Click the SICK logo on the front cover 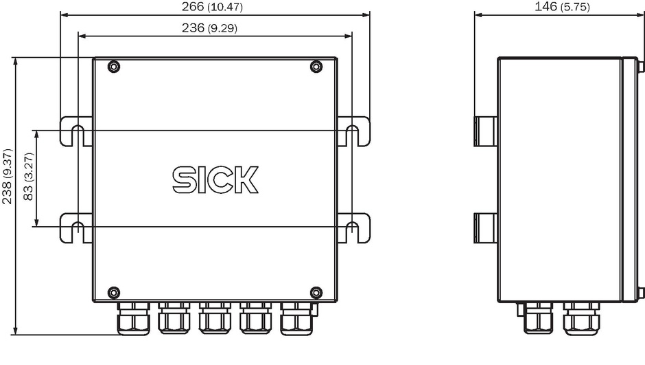tap(215, 179)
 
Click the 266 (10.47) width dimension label tap(212, 7)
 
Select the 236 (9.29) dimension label tap(209, 28)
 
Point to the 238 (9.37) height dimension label tap(7, 177)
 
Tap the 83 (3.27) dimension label tap(28, 177)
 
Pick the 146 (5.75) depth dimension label tap(562, 7)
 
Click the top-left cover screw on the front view tap(113, 66)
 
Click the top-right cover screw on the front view tap(316, 66)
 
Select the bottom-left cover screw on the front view tap(113, 293)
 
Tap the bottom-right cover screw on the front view tap(316, 293)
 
